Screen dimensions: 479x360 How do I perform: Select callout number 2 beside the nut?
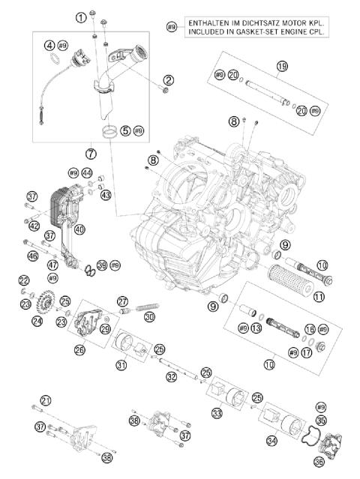tap(169, 80)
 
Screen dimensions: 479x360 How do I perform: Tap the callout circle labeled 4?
tap(49, 44)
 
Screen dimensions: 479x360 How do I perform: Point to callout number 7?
tap(91, 154)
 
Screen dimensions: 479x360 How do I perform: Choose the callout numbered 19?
tap(281, 67)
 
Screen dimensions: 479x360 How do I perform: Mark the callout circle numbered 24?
tap(37, 321)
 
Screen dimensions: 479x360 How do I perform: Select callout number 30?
tap(149, 317)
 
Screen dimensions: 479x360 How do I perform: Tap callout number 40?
tap(79, 229)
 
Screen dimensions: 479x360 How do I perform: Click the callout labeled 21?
tap(46, 400)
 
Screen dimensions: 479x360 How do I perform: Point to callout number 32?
tap(172, 376)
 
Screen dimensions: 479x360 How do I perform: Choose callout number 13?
tap(256, 328)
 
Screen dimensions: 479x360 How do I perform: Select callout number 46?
tap(32, 256)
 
